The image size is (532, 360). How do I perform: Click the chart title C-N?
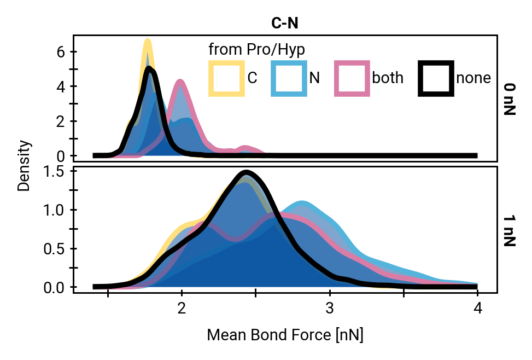(x=284, y=23)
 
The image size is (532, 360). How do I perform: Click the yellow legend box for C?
(x=226, y=79)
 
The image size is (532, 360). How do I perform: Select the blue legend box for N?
(x=289, y=79)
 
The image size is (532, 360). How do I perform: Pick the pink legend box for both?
(x=352, y=79)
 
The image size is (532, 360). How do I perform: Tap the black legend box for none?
(x=436, y=79)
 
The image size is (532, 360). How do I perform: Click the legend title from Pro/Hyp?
(x=256, y=49)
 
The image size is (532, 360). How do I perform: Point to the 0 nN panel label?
(x=510, y=99)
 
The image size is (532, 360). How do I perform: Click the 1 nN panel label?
(x=510, y=230)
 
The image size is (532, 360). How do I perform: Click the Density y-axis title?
(x=24, y=166)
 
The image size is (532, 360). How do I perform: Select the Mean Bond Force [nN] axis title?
(x=284, y=335)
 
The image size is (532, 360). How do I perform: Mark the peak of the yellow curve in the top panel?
(x=147, y=40)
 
